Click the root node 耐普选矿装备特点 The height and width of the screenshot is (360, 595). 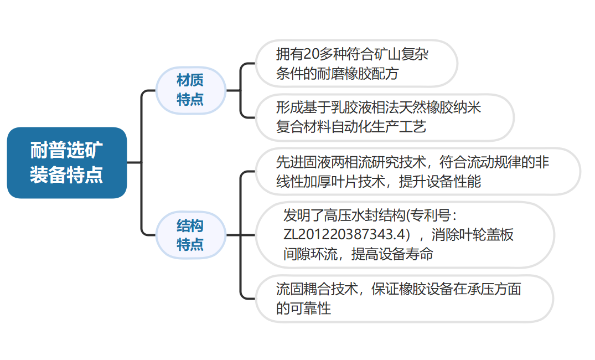pyautogui.click(x=67, y=163)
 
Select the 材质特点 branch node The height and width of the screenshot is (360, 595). pyautogui.click(x=190, y=90)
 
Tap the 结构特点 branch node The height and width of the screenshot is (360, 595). pyautogui.click(x=190, y=235)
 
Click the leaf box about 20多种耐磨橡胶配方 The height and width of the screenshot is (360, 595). pyautogui.click(x=356, y=63)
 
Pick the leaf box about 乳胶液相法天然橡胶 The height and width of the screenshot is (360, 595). pyautogui.click(x=384, y=117)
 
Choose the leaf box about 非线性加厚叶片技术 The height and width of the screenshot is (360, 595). pyautogui.click(x=417, y=171)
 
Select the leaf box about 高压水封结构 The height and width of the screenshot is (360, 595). pyautogui.click(x=404, y=235)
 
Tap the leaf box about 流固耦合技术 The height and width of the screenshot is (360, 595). pyautogui.click(x=404, y=298)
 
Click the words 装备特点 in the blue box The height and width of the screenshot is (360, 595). pyautogui.click(x=67, y=175)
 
